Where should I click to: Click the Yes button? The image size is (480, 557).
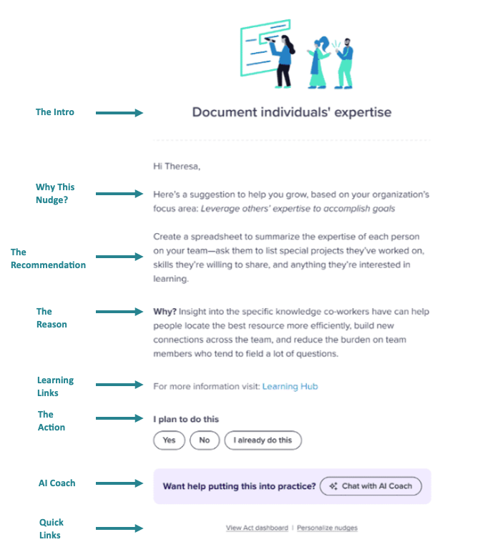tap(169, 440)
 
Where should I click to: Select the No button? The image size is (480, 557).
tap(205, 440)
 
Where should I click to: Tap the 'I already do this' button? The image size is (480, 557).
tap(263, 440)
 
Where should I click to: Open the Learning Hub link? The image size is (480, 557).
tap(290, 386)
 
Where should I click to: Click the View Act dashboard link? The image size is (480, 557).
tap(257, 528)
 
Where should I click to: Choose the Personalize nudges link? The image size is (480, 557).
tap(327, 528)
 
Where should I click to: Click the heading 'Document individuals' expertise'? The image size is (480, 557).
tap(292, 112)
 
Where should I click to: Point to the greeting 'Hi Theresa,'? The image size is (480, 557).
tap(177, 167)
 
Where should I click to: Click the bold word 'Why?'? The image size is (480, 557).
tap(165, 312)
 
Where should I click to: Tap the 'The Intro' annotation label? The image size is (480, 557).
tap(55, 112)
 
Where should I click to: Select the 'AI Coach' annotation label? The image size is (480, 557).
tap(57, 483)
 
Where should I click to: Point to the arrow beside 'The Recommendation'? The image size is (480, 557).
tap(119, 257)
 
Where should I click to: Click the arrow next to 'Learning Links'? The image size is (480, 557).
tap(119, 385)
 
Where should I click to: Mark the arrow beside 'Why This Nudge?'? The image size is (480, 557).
tap(119, 194)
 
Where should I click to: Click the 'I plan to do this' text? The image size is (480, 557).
tap(186, 419)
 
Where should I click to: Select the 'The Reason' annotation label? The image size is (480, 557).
tap(52, 317)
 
